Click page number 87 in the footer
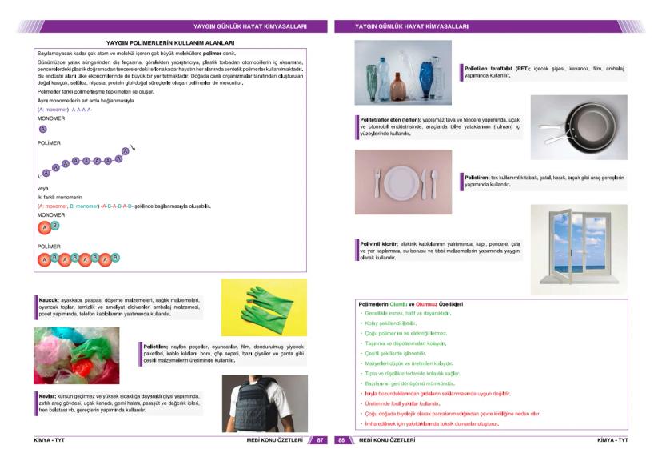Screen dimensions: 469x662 [x=319, y=439]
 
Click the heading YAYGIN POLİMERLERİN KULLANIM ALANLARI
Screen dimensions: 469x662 [x=169, y=42]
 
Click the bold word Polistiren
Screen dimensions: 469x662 [x=480, y=177]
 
